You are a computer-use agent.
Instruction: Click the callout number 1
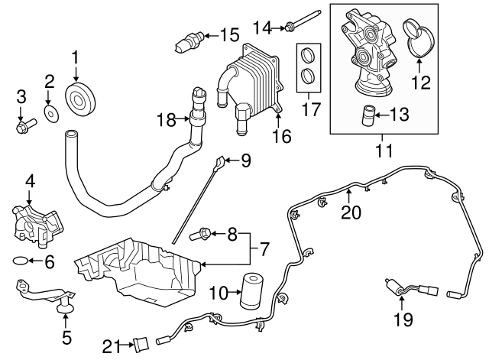click(76, 57)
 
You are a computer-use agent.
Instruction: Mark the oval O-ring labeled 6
click(21, 261)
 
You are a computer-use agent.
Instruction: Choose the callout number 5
click(66, 336)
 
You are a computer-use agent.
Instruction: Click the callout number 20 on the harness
click(350, 212)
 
